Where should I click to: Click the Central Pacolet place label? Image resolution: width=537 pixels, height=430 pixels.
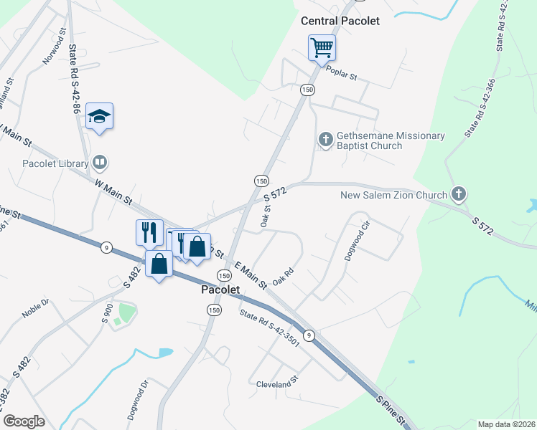coord(340,21)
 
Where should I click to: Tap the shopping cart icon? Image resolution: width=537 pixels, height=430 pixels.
coord(322,48)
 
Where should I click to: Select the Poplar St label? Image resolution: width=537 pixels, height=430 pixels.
coord(342,72)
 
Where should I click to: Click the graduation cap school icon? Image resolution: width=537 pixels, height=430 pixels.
coord(99,117)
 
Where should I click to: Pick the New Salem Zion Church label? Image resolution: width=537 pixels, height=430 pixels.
coord(393,194)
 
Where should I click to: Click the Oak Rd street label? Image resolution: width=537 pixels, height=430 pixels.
coord(284,277)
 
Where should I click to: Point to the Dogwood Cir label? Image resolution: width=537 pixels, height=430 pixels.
coord(356,244)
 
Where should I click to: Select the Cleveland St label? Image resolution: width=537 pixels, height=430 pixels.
coord(276,385)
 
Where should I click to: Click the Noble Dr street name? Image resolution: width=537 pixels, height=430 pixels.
coord(35,309)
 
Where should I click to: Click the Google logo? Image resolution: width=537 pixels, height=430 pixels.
coord(24,421)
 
